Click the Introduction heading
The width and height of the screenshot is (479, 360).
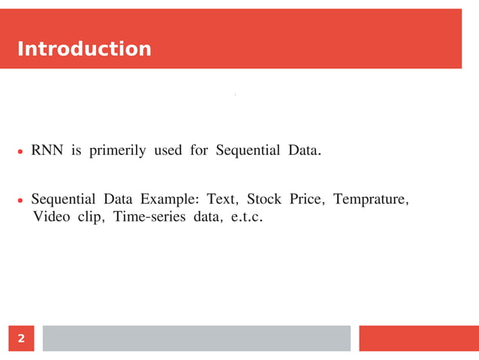click(x=83, y=50)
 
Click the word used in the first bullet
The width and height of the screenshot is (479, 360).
click(x=167, y=150)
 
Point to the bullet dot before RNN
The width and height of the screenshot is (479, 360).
click(x=21, y=152)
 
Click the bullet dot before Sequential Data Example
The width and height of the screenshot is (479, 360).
click(x=21, y=201)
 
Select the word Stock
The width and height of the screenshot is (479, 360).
click(x=264, y=200)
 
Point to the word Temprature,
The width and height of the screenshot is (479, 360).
click(x=371, y=200)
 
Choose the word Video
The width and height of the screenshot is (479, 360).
click(x=52, y=217)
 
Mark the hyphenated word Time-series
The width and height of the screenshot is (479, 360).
click(x=147, y=217)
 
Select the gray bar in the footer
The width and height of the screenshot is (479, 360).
click(x=196, y=338)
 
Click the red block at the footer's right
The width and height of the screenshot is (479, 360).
click(x=418, y=338)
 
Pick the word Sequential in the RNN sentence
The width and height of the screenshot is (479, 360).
click(x=247, y=150)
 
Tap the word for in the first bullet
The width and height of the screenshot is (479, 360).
click(x=198, y=150)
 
